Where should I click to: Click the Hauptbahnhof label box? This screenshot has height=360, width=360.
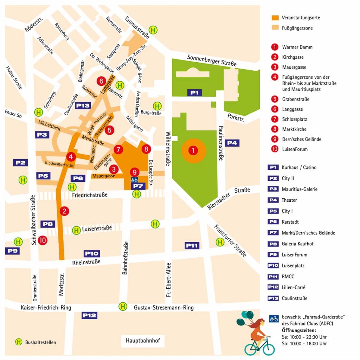coord(143,340)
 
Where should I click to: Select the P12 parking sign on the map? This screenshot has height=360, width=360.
coord(89,315)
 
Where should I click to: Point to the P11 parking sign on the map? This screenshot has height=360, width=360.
coord(192,245)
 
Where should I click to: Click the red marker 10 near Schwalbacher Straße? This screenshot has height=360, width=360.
coord(43,240)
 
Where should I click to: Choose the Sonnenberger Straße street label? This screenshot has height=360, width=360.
coord(212,60)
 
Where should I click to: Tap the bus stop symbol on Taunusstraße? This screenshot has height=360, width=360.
coord(153,30)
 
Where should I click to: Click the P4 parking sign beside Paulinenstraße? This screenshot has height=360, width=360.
coord(232,143)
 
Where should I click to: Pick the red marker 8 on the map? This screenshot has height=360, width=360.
coord(146,149)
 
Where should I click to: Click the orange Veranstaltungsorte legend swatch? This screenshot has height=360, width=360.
coord(275,18)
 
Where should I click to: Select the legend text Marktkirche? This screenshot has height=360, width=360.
coord(294,129)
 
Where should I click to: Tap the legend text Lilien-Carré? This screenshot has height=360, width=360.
coord(294,287)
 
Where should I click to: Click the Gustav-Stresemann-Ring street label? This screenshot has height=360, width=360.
coord(163,308)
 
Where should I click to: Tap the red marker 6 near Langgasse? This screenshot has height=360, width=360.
coord(101,81)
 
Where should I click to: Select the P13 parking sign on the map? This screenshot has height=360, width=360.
coord(83,105)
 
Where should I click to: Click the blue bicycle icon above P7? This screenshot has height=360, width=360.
coord(134,179)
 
